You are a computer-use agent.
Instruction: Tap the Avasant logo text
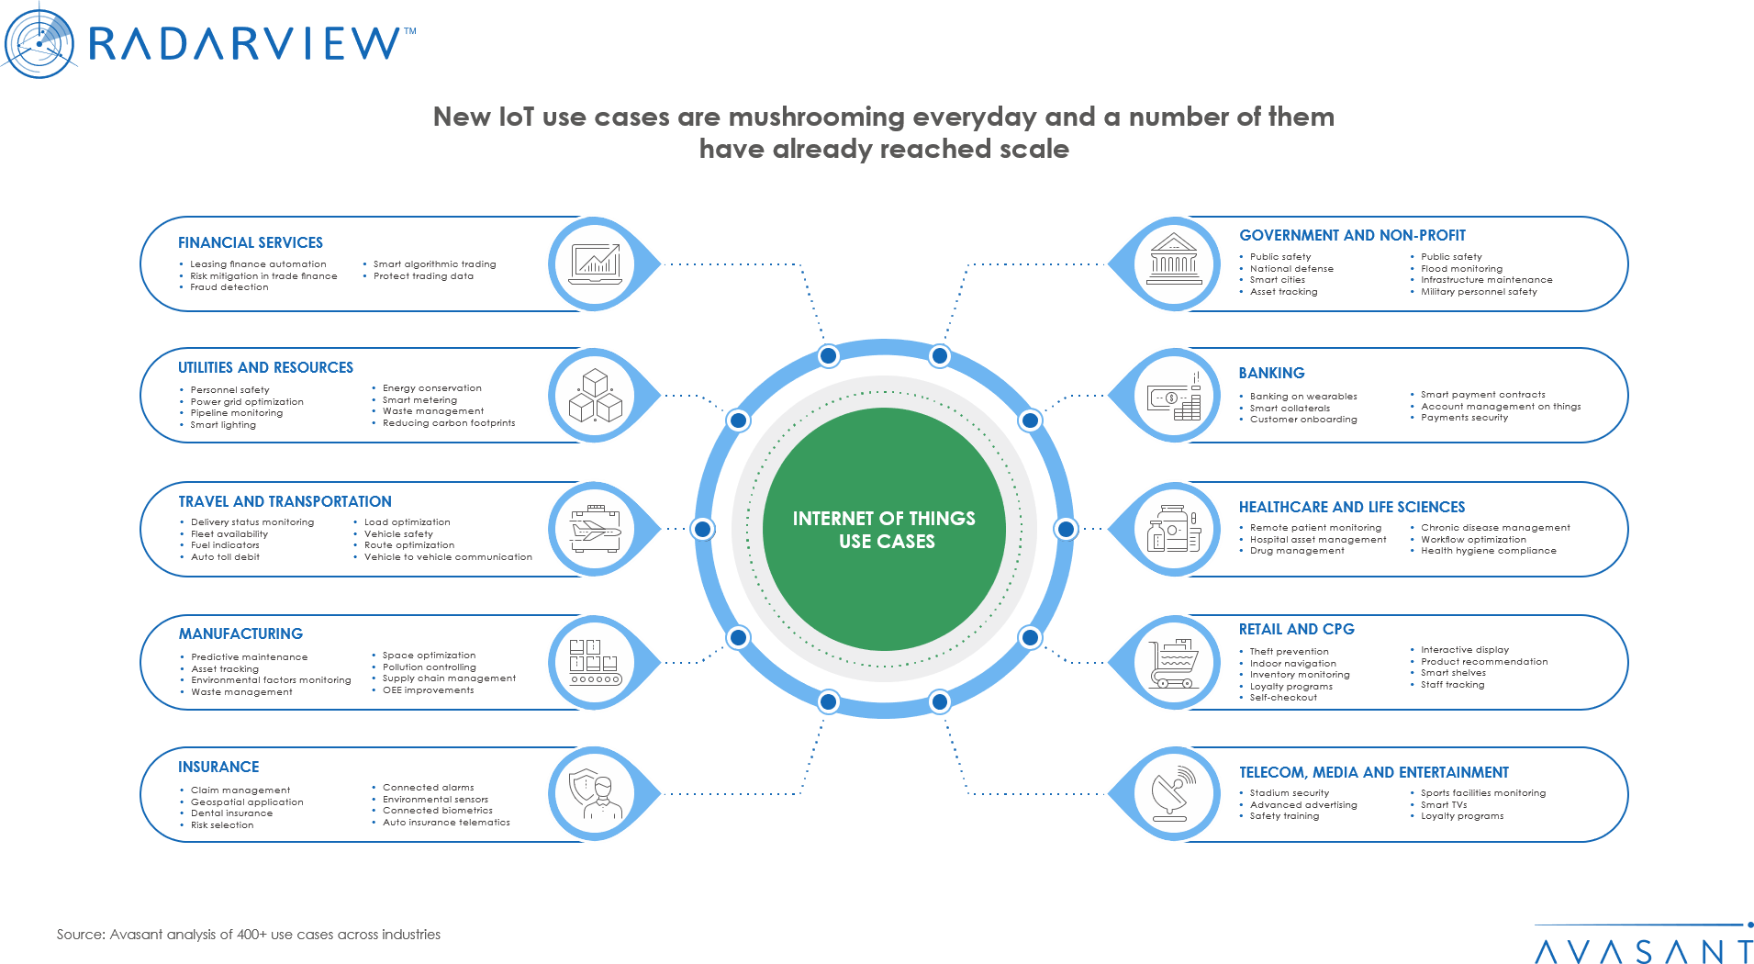[1643, 951]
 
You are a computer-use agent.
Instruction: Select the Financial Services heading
[251, 242]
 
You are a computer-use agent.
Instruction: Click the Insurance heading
[218, 767]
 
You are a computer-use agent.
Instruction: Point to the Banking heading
[1271, 373]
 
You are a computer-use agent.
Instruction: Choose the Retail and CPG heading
[1296, 629]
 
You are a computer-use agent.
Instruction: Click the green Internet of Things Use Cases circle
[884, 529]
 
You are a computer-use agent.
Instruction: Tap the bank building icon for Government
[1174, 263]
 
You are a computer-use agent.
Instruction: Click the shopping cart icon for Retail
[1174, 662]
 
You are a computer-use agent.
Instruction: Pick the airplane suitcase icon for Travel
[595, 529]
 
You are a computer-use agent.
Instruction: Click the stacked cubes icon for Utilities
[595, 396]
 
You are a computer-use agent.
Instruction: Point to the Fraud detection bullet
[229, 287]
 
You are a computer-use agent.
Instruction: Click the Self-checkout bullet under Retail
[1283, 698]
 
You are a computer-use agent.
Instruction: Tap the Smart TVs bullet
[1444, 804]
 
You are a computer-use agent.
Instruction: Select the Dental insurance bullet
[231, 813]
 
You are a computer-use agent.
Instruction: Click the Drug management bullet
[1297, 551]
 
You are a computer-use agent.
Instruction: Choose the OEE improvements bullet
[428, 690]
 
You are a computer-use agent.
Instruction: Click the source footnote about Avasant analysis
[249, 935]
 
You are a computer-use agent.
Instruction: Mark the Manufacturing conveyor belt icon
[595, 662]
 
